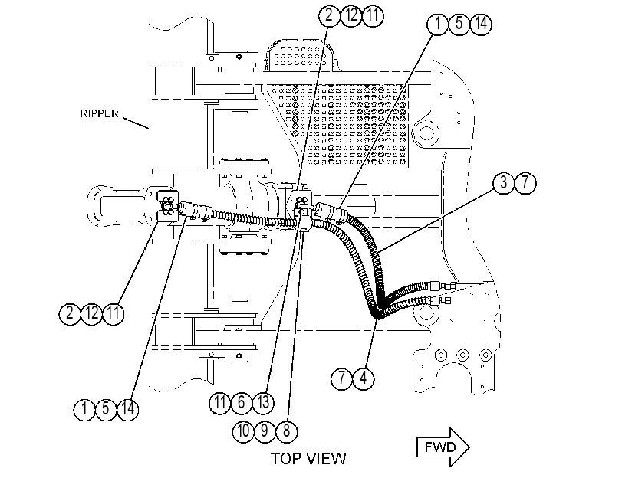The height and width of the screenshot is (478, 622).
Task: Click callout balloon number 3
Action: click(503, 183)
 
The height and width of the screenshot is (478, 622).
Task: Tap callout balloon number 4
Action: click(364, 378)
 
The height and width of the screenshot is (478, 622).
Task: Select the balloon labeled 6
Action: click(242, 403)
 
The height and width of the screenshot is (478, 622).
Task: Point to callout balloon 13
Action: click(263, 403)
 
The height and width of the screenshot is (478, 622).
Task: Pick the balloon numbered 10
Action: click(243, 431)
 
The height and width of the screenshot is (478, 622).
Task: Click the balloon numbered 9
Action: click(265, 431)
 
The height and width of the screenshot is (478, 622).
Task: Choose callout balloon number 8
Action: click(286, 431)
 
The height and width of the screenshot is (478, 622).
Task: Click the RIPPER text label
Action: click(99, 113)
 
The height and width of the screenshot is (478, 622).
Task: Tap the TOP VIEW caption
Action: click(308, 459)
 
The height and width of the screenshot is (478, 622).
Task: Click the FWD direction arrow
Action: click(443, 447)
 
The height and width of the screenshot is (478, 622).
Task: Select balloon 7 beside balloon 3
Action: click(525, 183)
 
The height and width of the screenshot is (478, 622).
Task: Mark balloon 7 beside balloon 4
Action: click(341, 378)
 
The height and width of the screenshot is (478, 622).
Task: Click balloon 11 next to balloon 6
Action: click(220, 403)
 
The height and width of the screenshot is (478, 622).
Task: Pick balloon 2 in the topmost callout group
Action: click(329, 16)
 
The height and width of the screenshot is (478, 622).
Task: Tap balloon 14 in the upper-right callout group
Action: click(481, 24)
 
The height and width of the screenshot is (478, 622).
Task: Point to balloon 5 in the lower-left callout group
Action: click(106, 409)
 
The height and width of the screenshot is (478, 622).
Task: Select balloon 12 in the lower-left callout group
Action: click(91, 313)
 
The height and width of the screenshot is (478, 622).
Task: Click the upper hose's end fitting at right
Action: click(443, 286)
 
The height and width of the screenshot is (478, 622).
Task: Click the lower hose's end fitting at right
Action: click(439, 300)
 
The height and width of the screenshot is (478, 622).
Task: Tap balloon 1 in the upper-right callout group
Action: click(437, 24)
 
